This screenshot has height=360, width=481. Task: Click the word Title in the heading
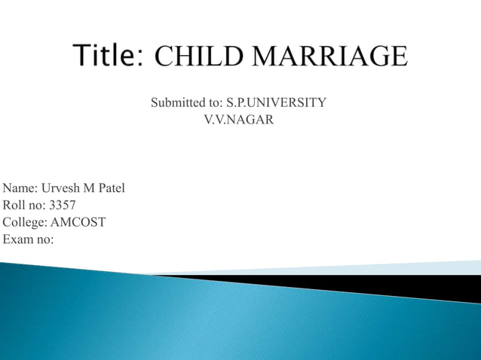tap(106, 56)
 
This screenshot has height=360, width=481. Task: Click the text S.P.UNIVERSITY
tap(277, 102)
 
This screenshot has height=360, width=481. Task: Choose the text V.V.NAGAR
tap(239, 119)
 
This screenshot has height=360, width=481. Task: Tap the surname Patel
tap(110, 188)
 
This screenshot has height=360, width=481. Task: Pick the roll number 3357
tap(63, 205)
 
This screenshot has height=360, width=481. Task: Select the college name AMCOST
tap(79, 222)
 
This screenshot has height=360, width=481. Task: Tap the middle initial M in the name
tap(88, 188)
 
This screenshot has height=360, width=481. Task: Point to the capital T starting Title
tap(82, 56)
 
